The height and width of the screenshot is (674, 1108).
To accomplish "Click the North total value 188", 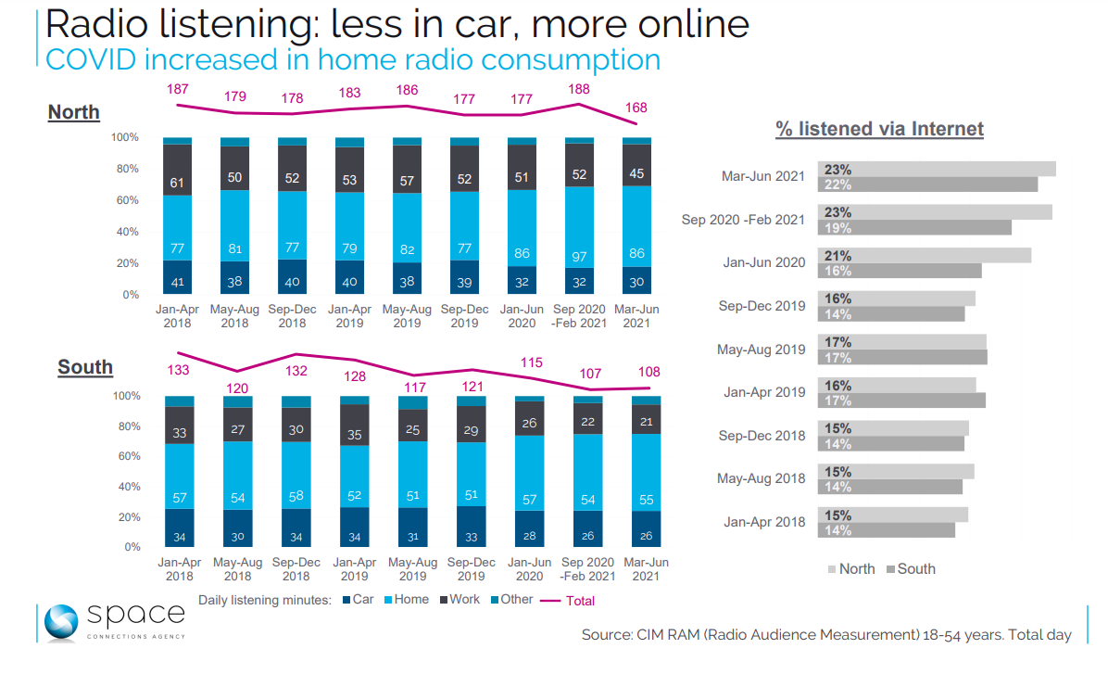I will [x=579, y=90].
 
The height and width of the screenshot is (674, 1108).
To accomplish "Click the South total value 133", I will [x=179, y=371].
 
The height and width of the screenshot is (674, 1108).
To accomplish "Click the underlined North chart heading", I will [x=74, y=113].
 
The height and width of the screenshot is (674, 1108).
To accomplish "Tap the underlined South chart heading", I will [x=85, y=367].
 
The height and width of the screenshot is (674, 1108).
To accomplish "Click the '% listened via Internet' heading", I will [x=879, y=129].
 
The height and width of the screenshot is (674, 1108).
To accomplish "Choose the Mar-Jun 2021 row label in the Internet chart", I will [x=762, y=176].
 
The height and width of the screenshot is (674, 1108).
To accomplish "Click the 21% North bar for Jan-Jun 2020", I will [x=924, y=256].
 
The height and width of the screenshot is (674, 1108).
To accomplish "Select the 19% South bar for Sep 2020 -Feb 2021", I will [x=914, y=227].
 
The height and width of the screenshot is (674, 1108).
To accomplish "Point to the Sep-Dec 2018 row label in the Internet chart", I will [x=761, y=436].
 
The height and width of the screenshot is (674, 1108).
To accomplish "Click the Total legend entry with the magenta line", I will [x=568, y=601].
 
